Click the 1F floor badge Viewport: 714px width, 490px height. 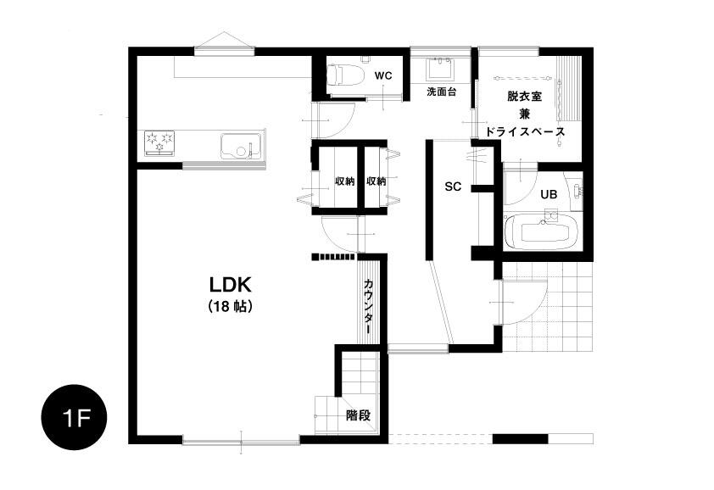coord(75,418)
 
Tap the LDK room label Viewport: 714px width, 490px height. coord(231,285)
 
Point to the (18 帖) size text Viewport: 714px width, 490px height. coord(230,307)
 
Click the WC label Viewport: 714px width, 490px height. coord(383,76)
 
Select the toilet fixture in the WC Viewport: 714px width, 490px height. coord(346,75)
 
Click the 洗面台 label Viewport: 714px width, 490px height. coord(441,92)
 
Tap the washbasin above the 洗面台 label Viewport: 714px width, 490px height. coord(441,69)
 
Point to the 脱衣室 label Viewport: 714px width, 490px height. coord(524,97)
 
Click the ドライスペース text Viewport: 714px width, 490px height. coord(524,132)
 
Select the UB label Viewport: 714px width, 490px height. coord(549,194)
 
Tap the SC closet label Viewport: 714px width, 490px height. coord(453,187)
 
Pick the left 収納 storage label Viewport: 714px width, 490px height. coord(345,181)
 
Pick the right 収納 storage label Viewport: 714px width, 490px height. coord(377,181)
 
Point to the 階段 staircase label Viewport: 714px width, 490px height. coord(359,415)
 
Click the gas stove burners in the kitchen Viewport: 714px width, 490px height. coord(159,143)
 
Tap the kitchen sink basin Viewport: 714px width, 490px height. coord(242,145)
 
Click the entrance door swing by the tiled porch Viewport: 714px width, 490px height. coord(525,303)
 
